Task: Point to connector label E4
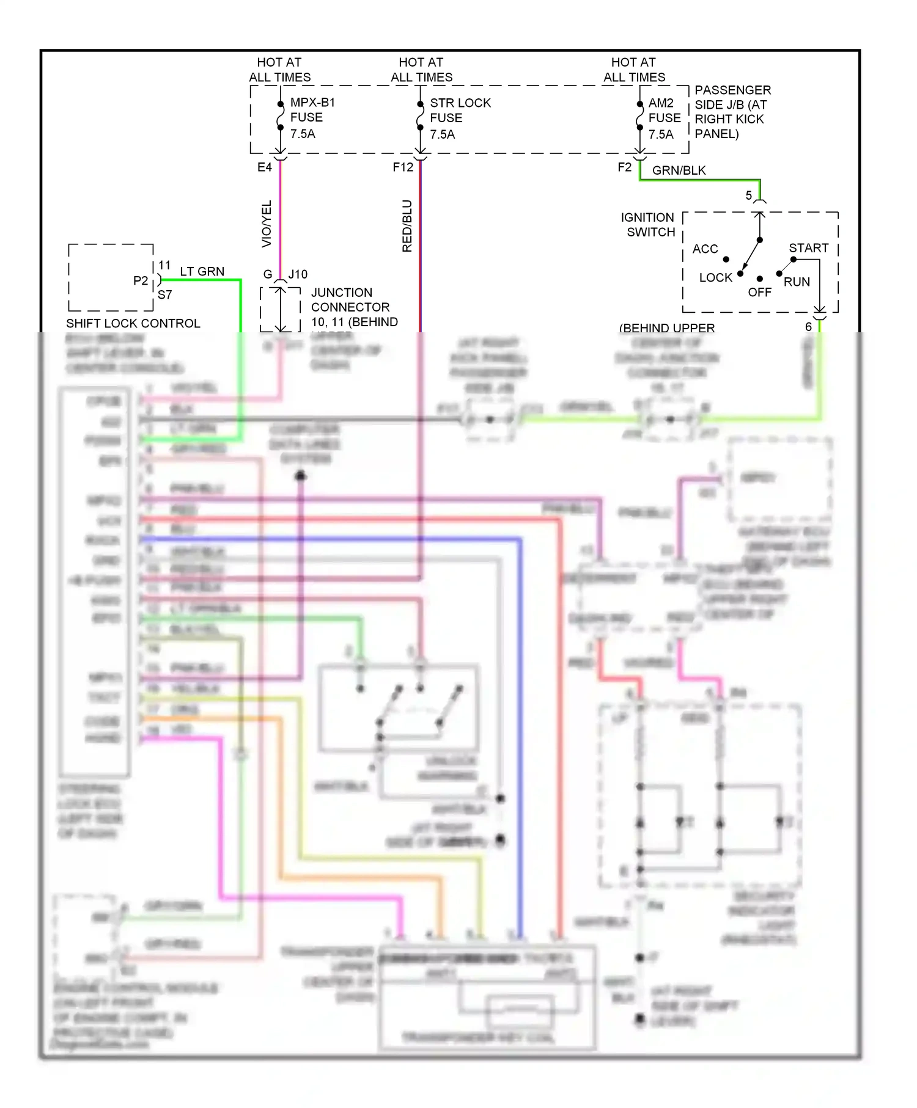[x=264, y=167]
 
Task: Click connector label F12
[x=403, y=167]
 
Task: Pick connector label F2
[x=624, y=167]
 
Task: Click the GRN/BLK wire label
[x=679, y=170]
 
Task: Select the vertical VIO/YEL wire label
[x=267, y=224]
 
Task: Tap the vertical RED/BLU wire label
[x=407, y=225]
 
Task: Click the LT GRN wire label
[x=202, y=271]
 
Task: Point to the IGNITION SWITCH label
[x=648, y=225]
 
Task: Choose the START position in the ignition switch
[x=808, y=248]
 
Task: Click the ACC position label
[x=705, y=249]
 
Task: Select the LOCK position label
[x=715, y=278]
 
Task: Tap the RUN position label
[x=797, y=282]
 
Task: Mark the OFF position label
[x=759, y=293]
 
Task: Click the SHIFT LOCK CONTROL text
[x=133, y=324]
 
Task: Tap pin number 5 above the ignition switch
[x=748, y=195]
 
